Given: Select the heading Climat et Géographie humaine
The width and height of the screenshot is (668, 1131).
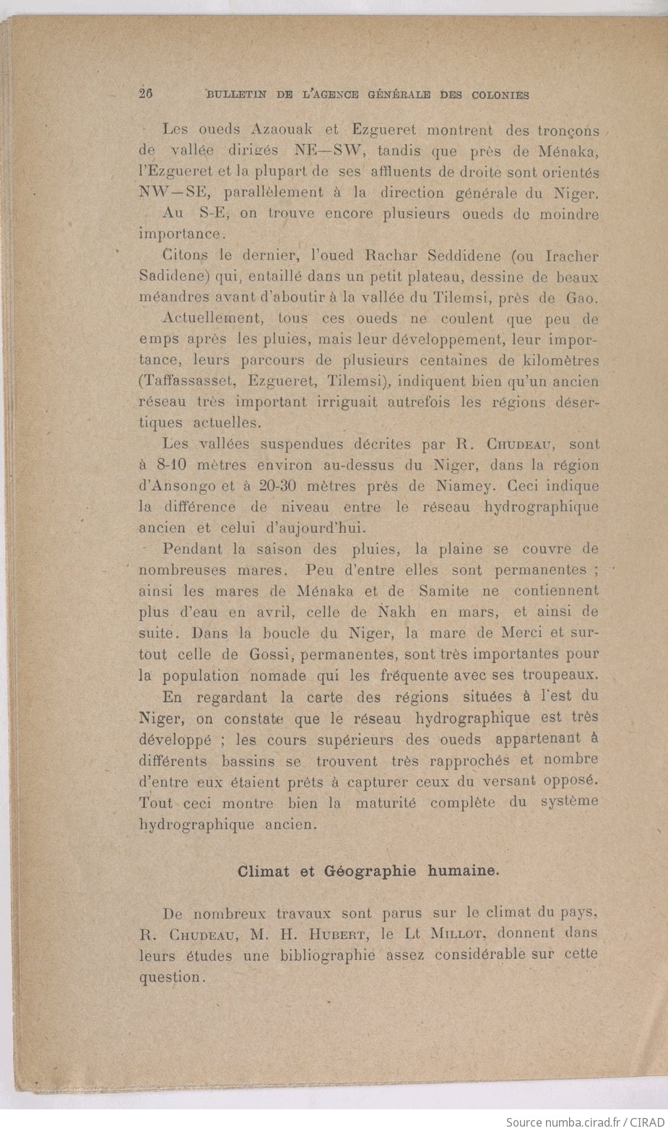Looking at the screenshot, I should (368, 870).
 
